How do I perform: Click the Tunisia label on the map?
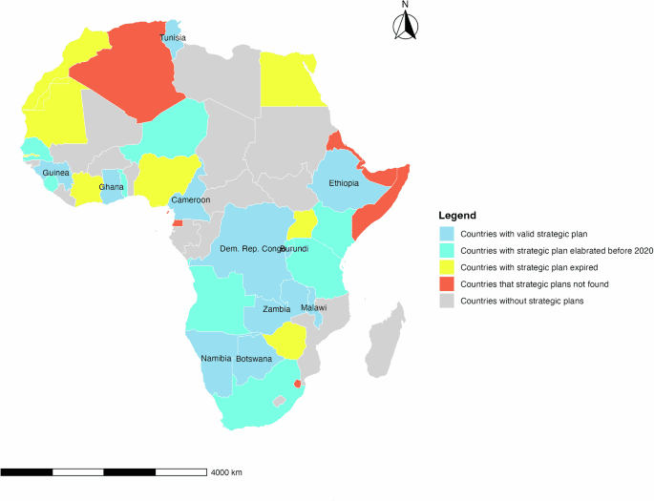coord(173,38)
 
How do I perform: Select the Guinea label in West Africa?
coord(55,173)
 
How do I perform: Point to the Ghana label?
coord(112,188)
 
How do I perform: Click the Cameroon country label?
coord(190,201)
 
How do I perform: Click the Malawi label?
coord(313,308)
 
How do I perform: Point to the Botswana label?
coord(254,359)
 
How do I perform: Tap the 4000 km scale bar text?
coord(227,472)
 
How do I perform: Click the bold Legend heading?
coord(457,216)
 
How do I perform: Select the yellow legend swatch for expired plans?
coord(446,267)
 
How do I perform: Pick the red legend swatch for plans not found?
coord(446,284)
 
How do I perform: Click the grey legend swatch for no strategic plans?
coord(446,302)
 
